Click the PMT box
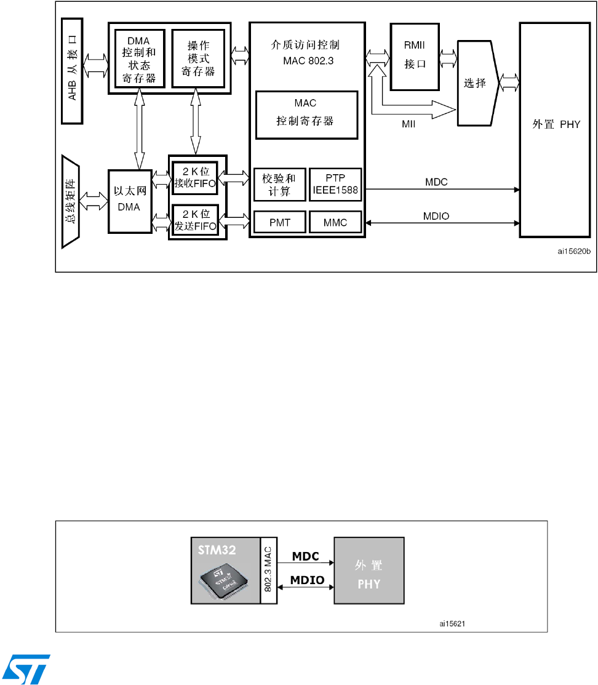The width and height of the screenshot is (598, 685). (x=279, y=222)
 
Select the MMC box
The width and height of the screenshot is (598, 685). (x=335, y=222)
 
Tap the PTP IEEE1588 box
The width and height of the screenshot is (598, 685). (x=335, y=185)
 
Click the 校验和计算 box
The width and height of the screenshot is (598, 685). (x=279, y=185)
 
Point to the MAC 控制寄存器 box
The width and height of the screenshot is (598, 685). (x=306, y=115)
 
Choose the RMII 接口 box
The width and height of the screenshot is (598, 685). (x=415, y=57)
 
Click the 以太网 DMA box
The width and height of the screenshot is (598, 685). (x=130, y=201)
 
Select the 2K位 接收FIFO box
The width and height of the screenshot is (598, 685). (x=195, y=177)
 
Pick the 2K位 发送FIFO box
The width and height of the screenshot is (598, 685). (x=195, y=220)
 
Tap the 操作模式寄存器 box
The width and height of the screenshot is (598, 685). (x=198, y=58)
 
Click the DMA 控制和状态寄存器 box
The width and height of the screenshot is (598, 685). (x=139, y=58)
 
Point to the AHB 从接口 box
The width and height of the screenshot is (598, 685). (x=72, y=71)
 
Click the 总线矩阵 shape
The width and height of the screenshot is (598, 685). (x=70, y=201)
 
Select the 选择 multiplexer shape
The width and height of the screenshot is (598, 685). (x=478, y=83)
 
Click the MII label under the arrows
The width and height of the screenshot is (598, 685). (x=409, y=124)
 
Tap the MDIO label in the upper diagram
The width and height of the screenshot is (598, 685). (x=436, y=216)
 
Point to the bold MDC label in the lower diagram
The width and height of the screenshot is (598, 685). (x=305, y=556)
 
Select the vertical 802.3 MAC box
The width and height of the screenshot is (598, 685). (x=269, y=571)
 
